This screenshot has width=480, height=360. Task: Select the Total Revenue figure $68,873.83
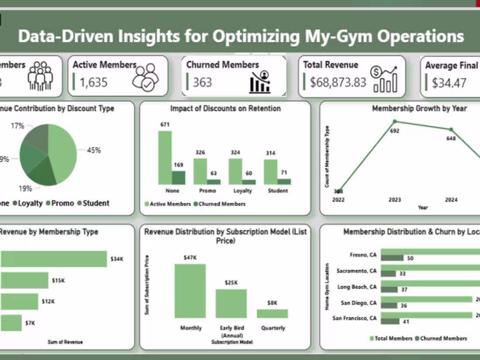coord(338,82)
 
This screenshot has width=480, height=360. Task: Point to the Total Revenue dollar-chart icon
coord(384,79)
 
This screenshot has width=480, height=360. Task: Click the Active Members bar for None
coord(165,158)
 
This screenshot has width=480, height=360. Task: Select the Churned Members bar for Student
coord(284,182)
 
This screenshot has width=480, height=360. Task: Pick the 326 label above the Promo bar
coord(201,152)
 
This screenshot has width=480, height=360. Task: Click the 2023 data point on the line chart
coord(395,122)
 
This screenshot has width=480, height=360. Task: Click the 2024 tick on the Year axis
coord(451,200)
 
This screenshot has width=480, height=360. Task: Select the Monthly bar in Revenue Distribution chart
coord(190,291)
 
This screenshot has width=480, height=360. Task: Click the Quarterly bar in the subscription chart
coord(272,313)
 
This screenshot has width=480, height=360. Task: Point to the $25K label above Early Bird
coord(231,282)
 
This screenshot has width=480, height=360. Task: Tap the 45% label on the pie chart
coord(93,150)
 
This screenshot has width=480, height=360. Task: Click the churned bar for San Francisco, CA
coord(390,321)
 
